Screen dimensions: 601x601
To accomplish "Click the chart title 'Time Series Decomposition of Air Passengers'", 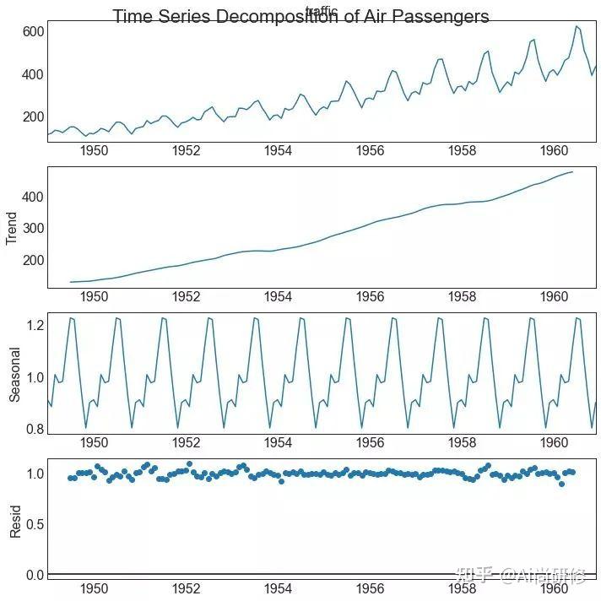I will (300, 17).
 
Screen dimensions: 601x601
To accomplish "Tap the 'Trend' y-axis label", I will (12, 228).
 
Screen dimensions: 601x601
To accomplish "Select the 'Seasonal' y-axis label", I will (14, 376).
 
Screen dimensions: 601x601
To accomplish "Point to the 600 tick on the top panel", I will (33, 31).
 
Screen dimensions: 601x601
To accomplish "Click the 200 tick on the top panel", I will (33, 117).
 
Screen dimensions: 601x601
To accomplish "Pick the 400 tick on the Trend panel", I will (33, 197).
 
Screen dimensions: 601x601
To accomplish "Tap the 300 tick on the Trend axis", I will (33, 228).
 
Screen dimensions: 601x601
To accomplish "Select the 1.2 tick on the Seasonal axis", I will (35, 325).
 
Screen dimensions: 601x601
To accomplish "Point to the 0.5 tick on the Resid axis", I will (35, 524).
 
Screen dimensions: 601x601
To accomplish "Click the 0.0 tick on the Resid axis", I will (35, 575).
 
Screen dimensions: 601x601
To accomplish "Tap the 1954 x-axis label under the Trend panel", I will (278, 297).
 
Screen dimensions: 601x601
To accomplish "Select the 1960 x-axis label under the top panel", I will (555, 151).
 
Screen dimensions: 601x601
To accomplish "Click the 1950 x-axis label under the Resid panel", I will (94, 589).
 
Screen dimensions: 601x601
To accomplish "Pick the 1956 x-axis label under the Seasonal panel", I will (370, 443).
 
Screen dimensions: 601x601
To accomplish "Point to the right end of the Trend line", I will (573, 172).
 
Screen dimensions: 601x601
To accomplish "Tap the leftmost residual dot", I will (70, 478).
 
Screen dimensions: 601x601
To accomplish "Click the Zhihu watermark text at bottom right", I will (519, 577).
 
